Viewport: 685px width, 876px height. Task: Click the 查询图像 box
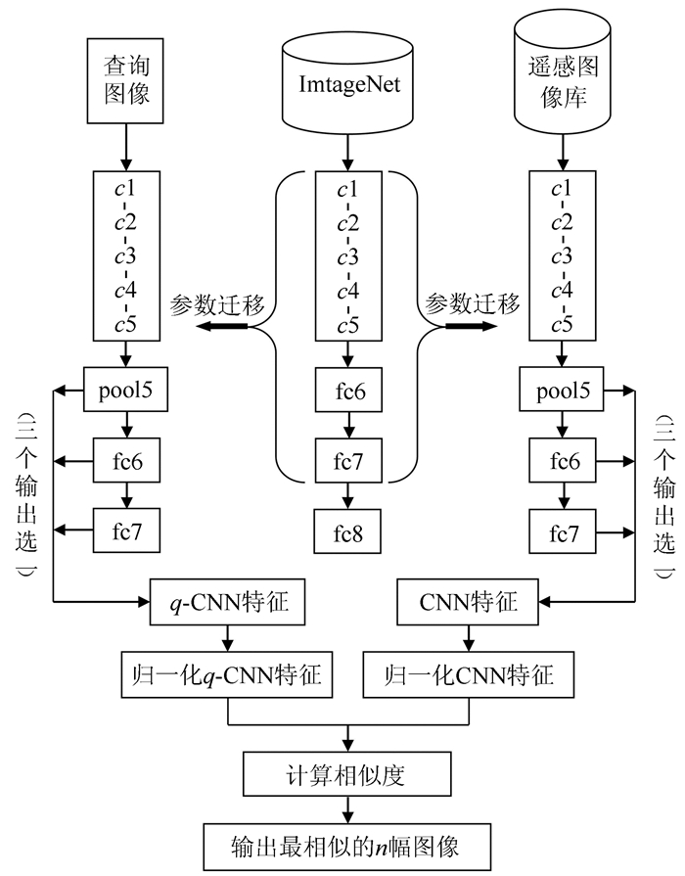click(x=124, y=81)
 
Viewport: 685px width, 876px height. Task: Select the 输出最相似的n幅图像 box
click(x=342, y=843)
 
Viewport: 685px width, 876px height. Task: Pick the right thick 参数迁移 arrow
click(x=464, y=327)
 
